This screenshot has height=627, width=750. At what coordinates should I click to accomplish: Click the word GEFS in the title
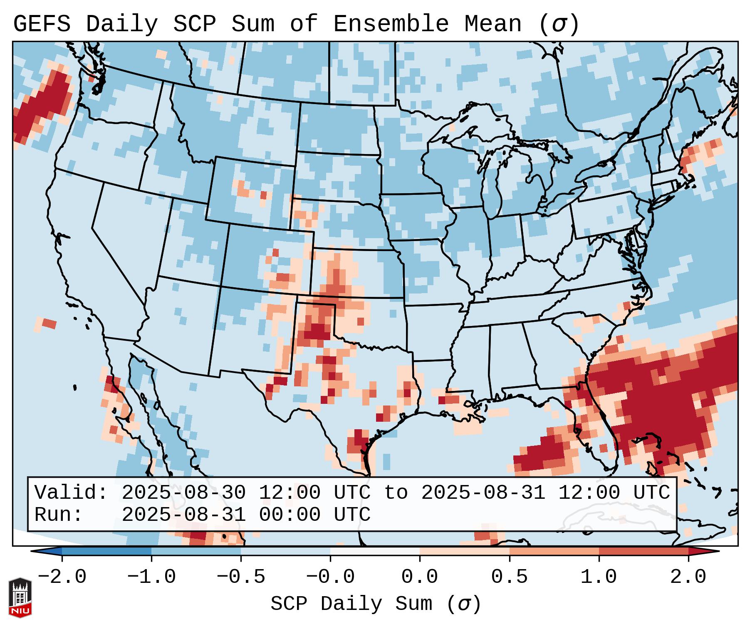point(42,24)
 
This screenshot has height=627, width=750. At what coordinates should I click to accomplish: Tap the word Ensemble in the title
point(391,24)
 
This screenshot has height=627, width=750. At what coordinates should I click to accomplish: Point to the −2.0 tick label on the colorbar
point(62,577)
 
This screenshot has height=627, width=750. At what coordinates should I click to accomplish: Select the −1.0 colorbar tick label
point(151,577)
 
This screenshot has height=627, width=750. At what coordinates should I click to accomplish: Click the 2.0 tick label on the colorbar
point(688,577)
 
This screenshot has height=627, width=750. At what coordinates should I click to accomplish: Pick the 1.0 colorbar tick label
point(599,577)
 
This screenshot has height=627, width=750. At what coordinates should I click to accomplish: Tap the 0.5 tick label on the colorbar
point(509,577)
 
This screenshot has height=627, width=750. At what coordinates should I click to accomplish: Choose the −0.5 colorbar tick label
point(241,577)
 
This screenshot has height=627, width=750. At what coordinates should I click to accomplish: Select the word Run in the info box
point(52,515)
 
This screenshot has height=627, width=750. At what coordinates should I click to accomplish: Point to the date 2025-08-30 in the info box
point(183,493)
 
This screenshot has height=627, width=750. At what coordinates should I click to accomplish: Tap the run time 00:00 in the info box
point(290,515)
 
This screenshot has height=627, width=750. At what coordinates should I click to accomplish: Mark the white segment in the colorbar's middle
point(375,552)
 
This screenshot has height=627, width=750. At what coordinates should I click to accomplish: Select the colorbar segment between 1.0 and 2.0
point(644,552)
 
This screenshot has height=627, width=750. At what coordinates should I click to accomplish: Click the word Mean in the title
point(493,24)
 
